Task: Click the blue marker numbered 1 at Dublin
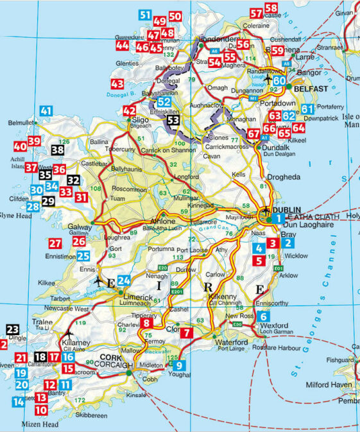277,219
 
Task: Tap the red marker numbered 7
185,333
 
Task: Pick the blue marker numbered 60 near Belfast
279,82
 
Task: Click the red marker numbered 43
117,83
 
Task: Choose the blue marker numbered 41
45,110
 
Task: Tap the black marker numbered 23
13,330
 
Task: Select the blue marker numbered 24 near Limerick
124,280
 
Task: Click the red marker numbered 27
55,243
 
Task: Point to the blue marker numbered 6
264,316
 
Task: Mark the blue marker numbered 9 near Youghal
179,365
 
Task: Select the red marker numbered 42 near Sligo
129,111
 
